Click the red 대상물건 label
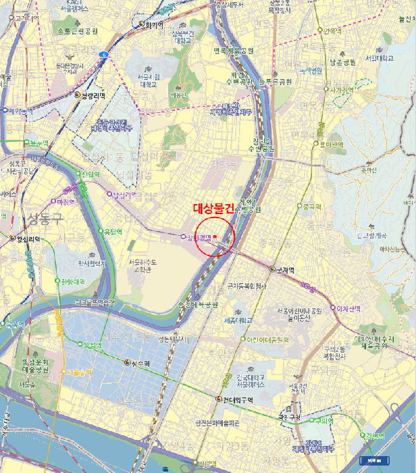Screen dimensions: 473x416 click(x=213, y=209)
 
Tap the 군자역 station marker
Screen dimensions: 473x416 click(x=272, y=269)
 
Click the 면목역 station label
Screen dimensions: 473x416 click(x=334, y=30)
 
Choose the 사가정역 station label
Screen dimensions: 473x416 click(x=338, y=89)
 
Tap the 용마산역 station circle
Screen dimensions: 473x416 click(x=315, y=143)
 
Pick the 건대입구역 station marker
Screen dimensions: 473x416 click(x=218, y=399)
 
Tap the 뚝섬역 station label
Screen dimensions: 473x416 click(x=92, y=345)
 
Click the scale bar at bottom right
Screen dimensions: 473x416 click(x=373, y=461)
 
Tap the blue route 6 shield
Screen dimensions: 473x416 click(x=104, y=53)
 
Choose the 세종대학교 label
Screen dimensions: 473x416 click(x=238, y=320)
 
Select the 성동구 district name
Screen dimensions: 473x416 click(x=45, y=218)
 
